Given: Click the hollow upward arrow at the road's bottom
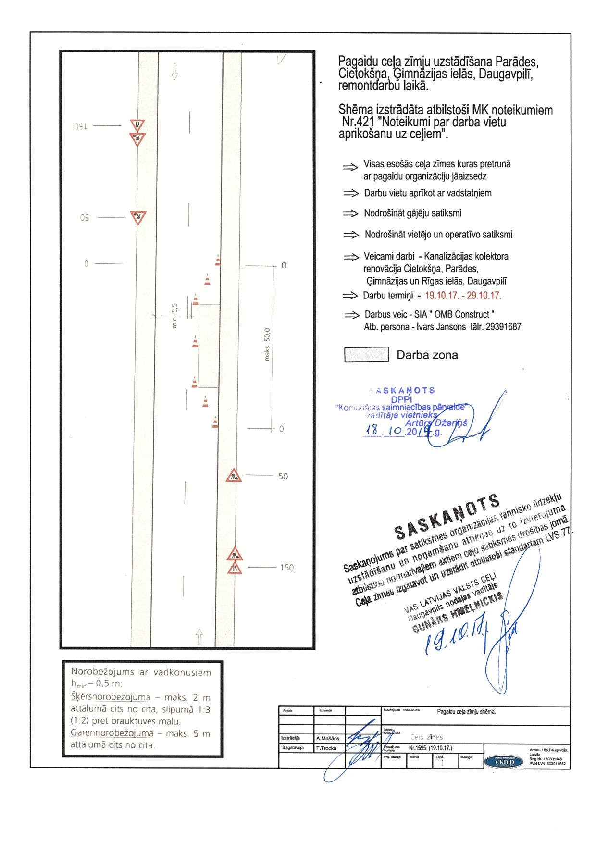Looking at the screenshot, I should tap(199, 636).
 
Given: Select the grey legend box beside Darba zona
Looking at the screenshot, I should tap(366, 355).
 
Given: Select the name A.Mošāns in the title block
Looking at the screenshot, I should tap(327, 738).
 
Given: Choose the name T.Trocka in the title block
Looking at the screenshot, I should tap(327, 748).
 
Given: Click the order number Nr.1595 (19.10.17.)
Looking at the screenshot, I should tap(430, 748).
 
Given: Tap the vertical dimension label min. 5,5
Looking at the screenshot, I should tap(174, 316).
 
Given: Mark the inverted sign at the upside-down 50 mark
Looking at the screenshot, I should tap(138, 218).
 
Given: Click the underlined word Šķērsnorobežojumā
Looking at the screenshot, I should tap(110, 697).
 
